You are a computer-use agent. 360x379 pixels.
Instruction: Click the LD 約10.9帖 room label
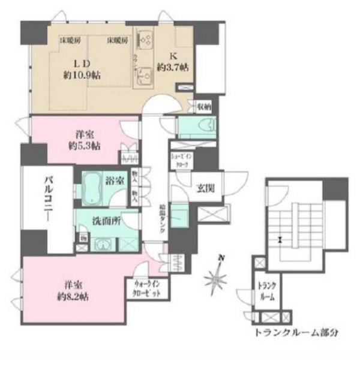[80, 70]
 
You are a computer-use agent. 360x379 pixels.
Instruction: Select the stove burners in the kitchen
[145, 41]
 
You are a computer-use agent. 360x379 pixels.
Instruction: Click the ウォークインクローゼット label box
[148, 290]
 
